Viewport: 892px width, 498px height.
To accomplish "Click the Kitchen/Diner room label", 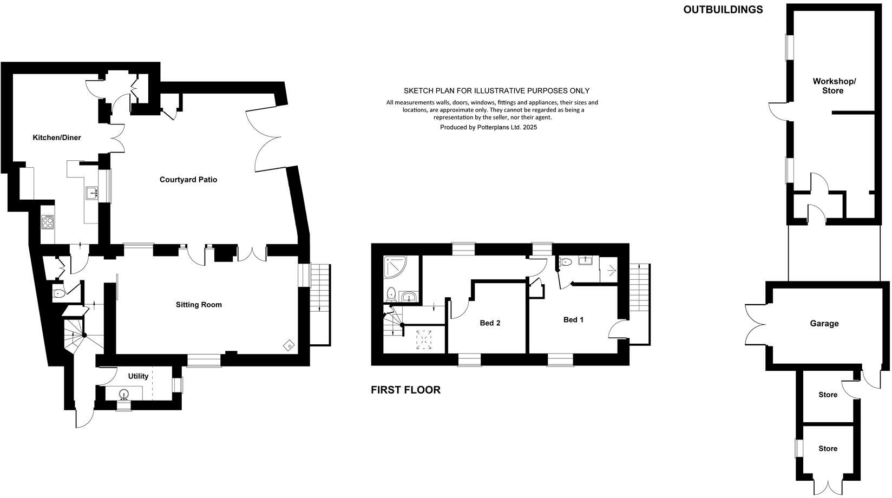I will [x=57, y=137].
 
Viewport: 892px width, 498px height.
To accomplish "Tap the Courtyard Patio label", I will [x=188, y=180].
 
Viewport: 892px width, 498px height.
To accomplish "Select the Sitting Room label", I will [x=199, y=305].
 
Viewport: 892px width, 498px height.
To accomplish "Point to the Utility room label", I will [x=138, y=376].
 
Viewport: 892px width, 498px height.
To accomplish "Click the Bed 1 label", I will [x=573, y=320].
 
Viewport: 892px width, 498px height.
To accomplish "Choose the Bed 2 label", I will [x=490, y=323].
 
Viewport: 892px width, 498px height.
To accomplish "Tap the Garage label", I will [x=824, y=324].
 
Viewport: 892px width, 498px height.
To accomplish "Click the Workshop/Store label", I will [x=834, y=86].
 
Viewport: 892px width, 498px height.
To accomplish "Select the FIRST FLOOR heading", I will [x=405, y=390].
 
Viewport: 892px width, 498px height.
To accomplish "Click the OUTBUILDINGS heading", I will [x=723, y=9].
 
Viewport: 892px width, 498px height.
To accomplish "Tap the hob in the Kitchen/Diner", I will [x=48, y=222].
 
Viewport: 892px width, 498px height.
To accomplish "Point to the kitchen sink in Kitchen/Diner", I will [x=91, y=192].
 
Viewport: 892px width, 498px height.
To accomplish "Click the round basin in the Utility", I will [x=123, y=394].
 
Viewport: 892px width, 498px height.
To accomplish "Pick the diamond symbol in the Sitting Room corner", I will [x=290, y=345].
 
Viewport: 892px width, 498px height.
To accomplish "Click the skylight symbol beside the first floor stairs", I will [x=422, y=340].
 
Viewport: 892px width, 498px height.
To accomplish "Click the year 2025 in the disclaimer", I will [x=529, y=127].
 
